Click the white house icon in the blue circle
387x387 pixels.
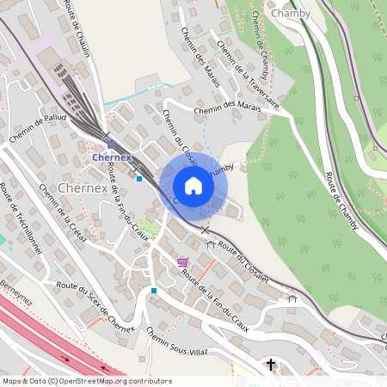click(193, 185)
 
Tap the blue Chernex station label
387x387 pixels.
click(112, 158)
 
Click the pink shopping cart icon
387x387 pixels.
click(181, 261)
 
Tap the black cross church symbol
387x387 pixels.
click(272, 365)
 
